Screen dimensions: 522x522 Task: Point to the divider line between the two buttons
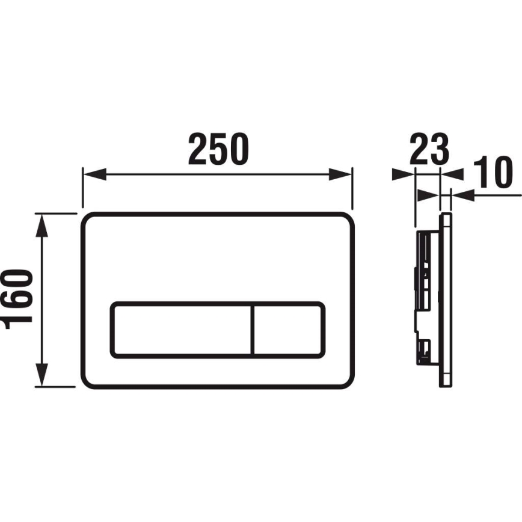(253, 330)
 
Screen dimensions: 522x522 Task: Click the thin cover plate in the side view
(446, 299)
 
